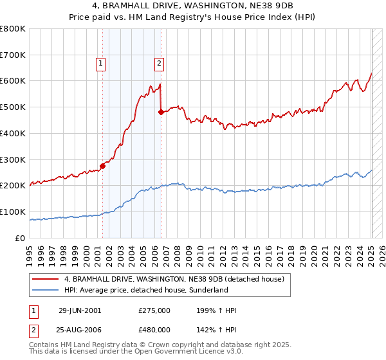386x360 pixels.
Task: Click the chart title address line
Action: (x=193, y=6)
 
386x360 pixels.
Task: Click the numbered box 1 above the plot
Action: (x=102, y=63)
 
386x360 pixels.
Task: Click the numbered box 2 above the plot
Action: (x=159, y=63)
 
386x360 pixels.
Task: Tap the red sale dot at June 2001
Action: (x=103, y=165)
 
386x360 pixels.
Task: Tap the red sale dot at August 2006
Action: (x=161, y=112)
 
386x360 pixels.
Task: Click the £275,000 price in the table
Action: (x=154, y=310)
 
